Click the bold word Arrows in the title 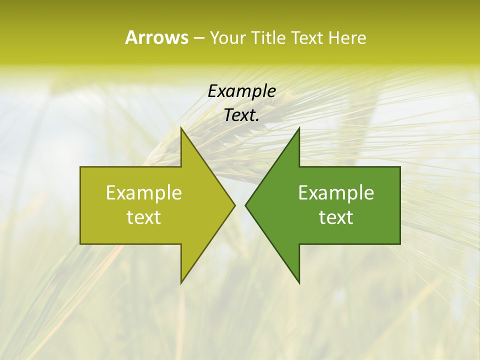[156, 37]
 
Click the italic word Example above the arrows [241, 91]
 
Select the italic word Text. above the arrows [241, 115]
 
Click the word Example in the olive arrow [144, 193]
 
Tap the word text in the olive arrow [144, 217]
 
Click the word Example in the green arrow [336, 193]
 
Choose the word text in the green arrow [336, 217]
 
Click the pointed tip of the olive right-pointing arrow [234, 205]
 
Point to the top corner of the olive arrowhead [181, 128]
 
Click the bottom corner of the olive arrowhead [181, 282]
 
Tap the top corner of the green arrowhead [299, 128]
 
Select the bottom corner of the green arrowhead [299, 282]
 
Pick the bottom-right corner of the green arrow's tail [400, 244]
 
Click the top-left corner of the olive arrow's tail [80, 167]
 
